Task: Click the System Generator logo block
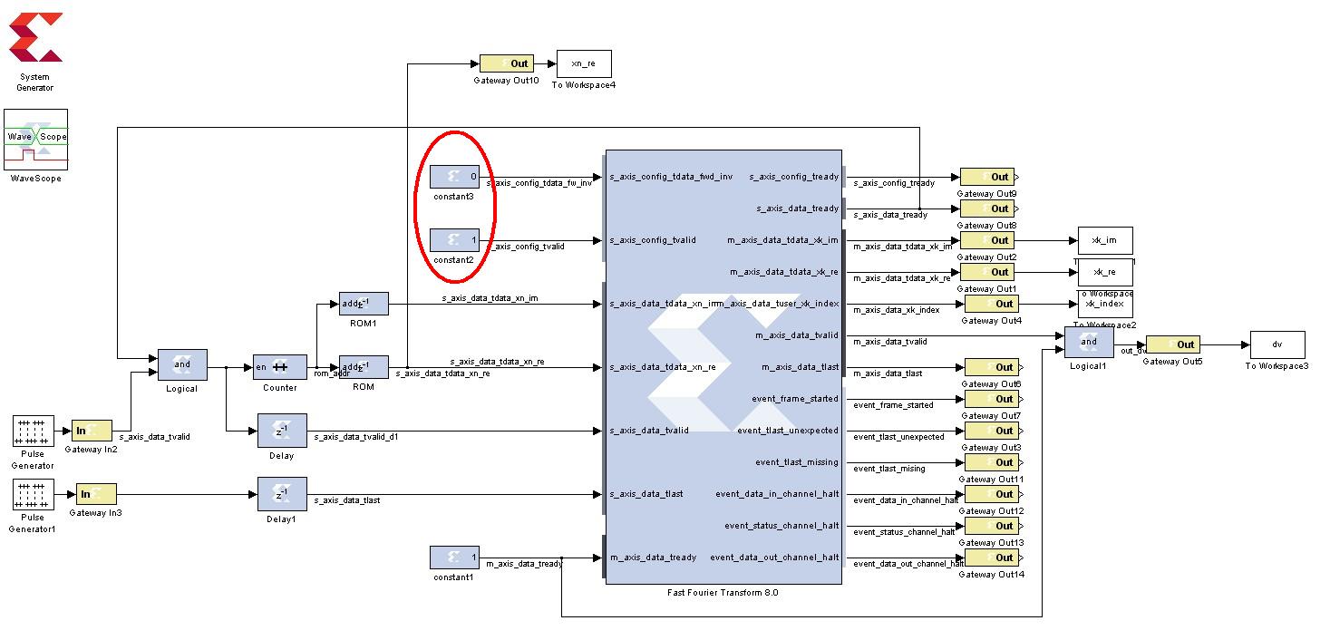point(35,38)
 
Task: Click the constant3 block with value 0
point(454,177)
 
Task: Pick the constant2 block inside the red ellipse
point(454,240)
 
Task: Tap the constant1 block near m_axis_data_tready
point(454,558)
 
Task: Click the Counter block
point(279,366)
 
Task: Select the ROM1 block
point(363,303)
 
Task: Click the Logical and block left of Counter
point(182,365)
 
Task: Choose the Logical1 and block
point(1089,343)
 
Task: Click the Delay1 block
point(282,494)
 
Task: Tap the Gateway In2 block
point(92,431)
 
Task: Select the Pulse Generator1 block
point(34,495)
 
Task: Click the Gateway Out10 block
point(506,63)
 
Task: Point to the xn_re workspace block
point(583,63)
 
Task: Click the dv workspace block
point(1277,344)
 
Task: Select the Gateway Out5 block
point(1172,344)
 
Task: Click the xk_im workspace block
point(1104,240)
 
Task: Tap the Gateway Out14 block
point(990,558)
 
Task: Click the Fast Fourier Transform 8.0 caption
point(722,593)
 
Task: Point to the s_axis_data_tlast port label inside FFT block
point(646,494)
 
